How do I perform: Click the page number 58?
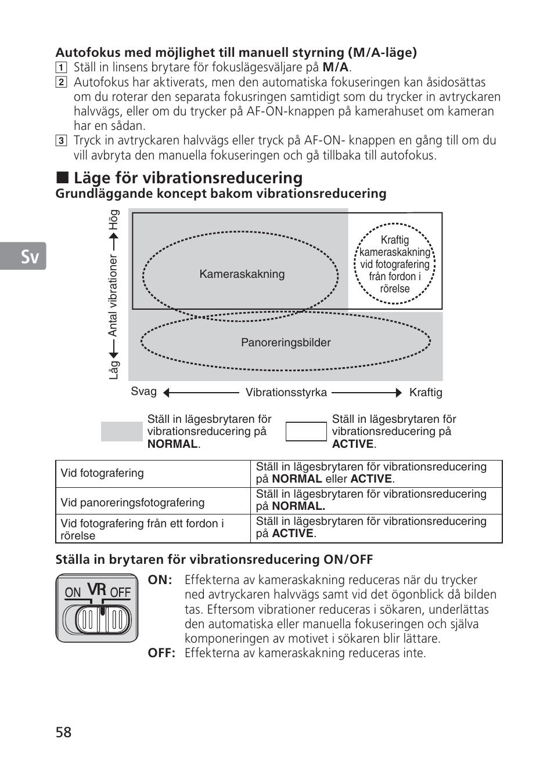[64, 732]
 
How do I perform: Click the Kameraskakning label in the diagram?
[242, 274]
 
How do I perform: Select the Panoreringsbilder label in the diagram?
[286, 343]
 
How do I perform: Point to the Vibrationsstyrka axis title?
[286, 393]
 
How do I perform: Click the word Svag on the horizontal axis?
[143, 392]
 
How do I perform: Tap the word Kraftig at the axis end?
[426, 393]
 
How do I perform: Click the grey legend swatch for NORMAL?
[121, 432]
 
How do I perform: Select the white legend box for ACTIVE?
[306, 432]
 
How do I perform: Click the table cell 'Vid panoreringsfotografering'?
[132, 502]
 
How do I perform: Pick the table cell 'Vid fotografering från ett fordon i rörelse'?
[142, 529]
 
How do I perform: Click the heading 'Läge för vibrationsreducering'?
[188, 177]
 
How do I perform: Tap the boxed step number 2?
[61, 82]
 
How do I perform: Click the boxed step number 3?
[61, 140]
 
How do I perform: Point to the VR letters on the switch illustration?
[96, 589]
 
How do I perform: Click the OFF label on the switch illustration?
[120, 592]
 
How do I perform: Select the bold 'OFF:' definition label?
[161, 653]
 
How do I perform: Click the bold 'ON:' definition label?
[160, 580]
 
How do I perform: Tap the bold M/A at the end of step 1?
[335, 67]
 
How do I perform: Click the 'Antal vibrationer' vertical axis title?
[113, 296]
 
